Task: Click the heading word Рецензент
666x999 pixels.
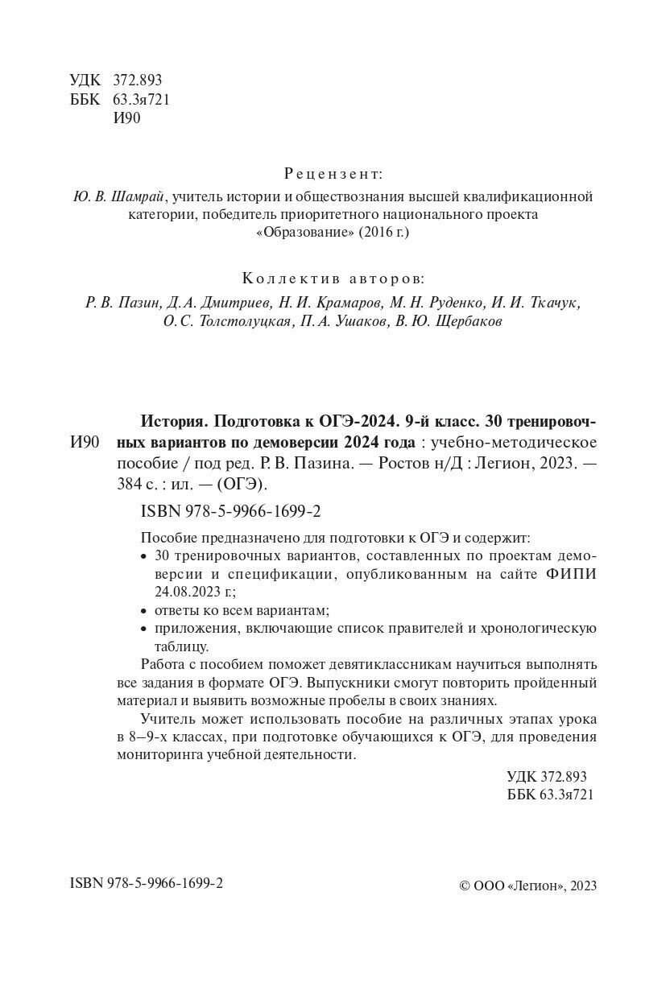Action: (333, 174)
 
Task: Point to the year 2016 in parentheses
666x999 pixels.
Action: (378, 232)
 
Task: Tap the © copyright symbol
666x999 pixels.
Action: (464, 885)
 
